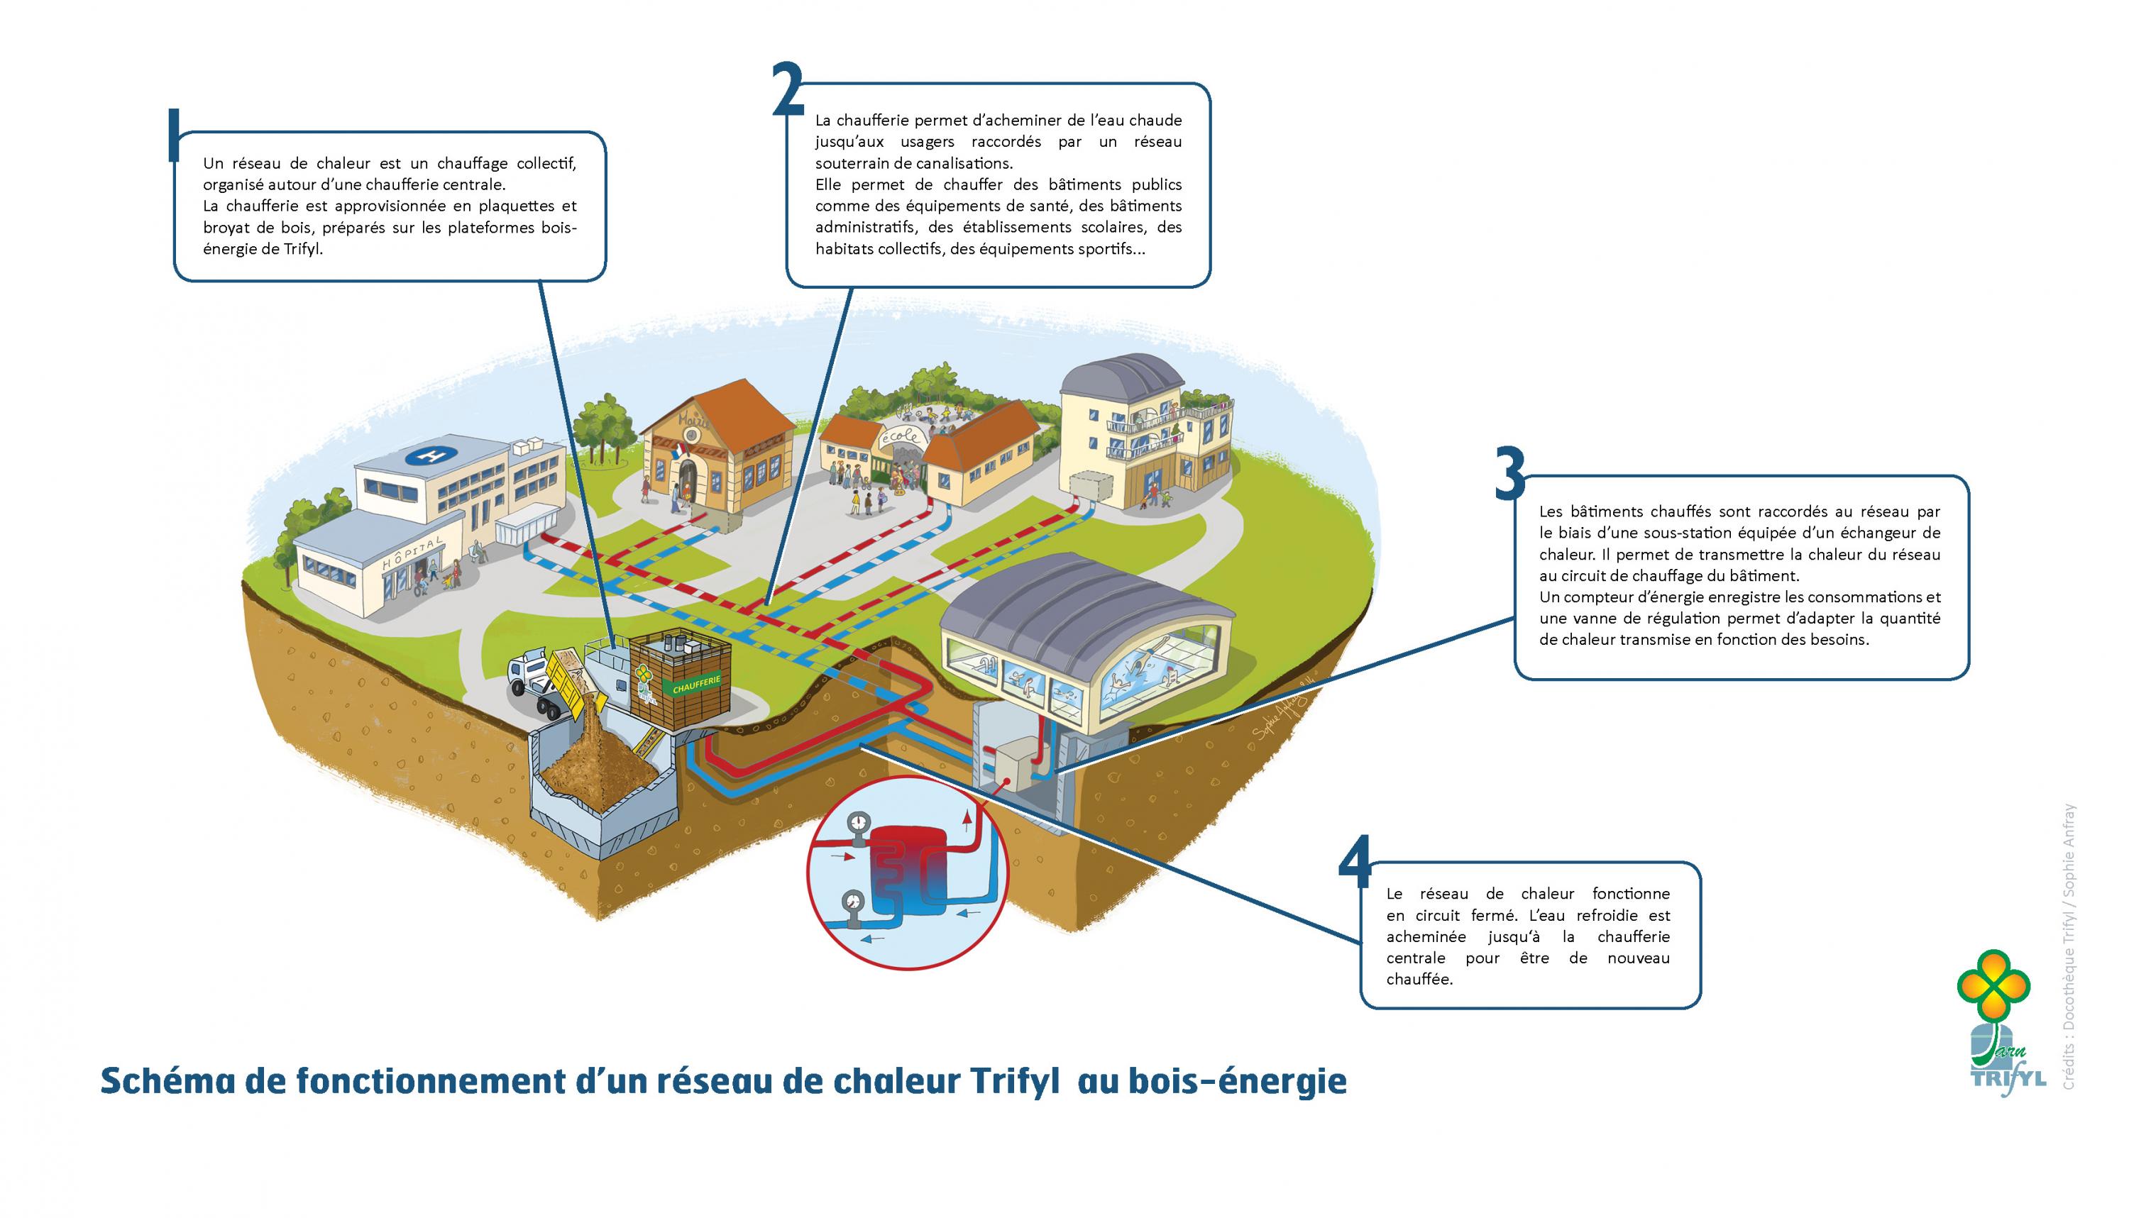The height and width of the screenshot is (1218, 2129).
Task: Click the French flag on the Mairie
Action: (x=678, y=452)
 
